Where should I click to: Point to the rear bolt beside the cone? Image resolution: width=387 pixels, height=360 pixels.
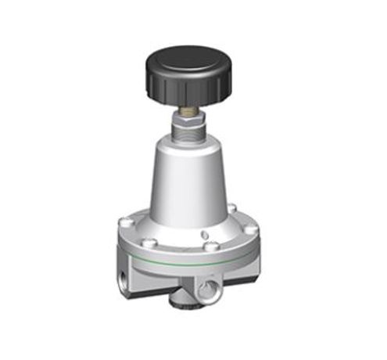pos(231,207)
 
